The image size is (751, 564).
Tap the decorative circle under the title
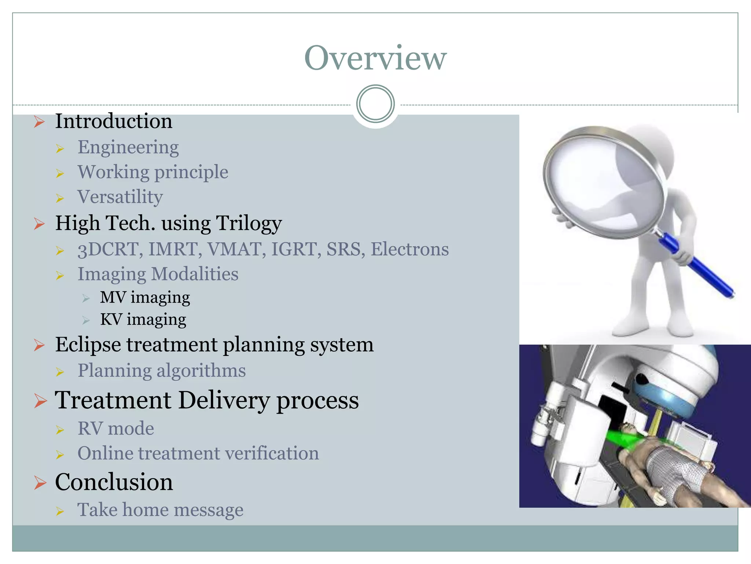[x=375, y=104]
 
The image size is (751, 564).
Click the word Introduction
[x=114, y=121]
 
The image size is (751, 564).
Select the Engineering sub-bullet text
[x=128, y=147]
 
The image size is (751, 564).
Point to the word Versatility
[x=120, y=197]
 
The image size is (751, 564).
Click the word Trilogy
[x=249, y=223]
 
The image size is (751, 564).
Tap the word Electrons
[x=410, y=249]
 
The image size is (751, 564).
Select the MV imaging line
[x=145, y=297]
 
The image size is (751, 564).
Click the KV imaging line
[x=143, y=319]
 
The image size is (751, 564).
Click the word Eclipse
[x=88, y=345]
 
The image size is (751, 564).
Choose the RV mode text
[x=116, y=429]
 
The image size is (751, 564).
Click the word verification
[x=272, y=453]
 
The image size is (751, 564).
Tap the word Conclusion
[x=114, y=482]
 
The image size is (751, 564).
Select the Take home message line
[x=160, y=510]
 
